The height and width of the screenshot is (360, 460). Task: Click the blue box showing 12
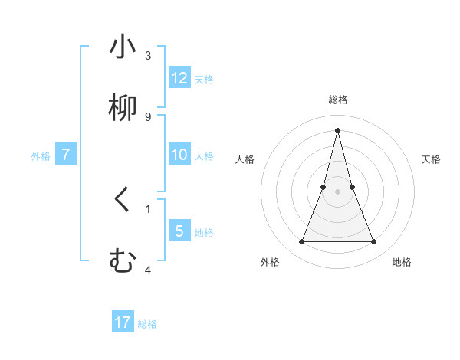coord(179,78)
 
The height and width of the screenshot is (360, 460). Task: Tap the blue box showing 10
coord(179,155)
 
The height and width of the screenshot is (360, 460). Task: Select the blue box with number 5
coord(179,231)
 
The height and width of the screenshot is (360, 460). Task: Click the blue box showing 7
coord(66,155)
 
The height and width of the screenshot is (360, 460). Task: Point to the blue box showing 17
coord(123,322)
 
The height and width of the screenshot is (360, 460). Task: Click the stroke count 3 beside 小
coord(148,56)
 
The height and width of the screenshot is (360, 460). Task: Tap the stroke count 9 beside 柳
coord(148,117)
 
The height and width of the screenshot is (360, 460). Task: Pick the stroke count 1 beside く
coord(148,208)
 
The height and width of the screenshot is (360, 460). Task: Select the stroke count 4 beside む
coord(148,270)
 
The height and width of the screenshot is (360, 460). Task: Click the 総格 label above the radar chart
coord(338,100)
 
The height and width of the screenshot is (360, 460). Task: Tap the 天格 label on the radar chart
coord(432,159)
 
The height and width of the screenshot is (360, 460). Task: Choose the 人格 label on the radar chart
coord(245,159)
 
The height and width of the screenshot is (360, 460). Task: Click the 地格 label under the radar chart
coord(402,262)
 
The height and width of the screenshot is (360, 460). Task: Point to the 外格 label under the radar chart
coord(270,262)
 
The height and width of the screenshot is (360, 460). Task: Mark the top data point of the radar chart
coord(337,129)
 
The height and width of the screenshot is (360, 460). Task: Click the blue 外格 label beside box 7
coord(41,155)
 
